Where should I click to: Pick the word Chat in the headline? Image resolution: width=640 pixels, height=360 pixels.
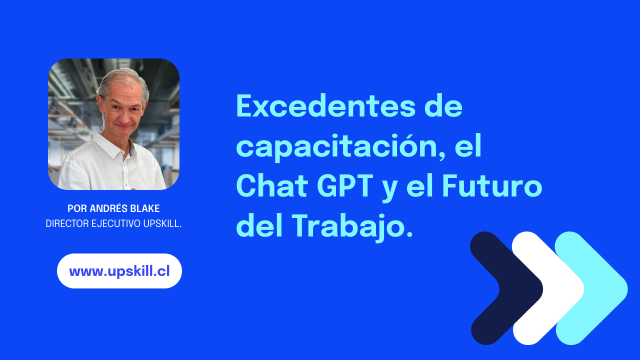click(271, 186)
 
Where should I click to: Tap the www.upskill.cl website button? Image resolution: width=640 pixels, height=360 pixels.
click(119, 271)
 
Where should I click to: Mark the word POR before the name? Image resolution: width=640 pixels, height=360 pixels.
click(76, 209)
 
